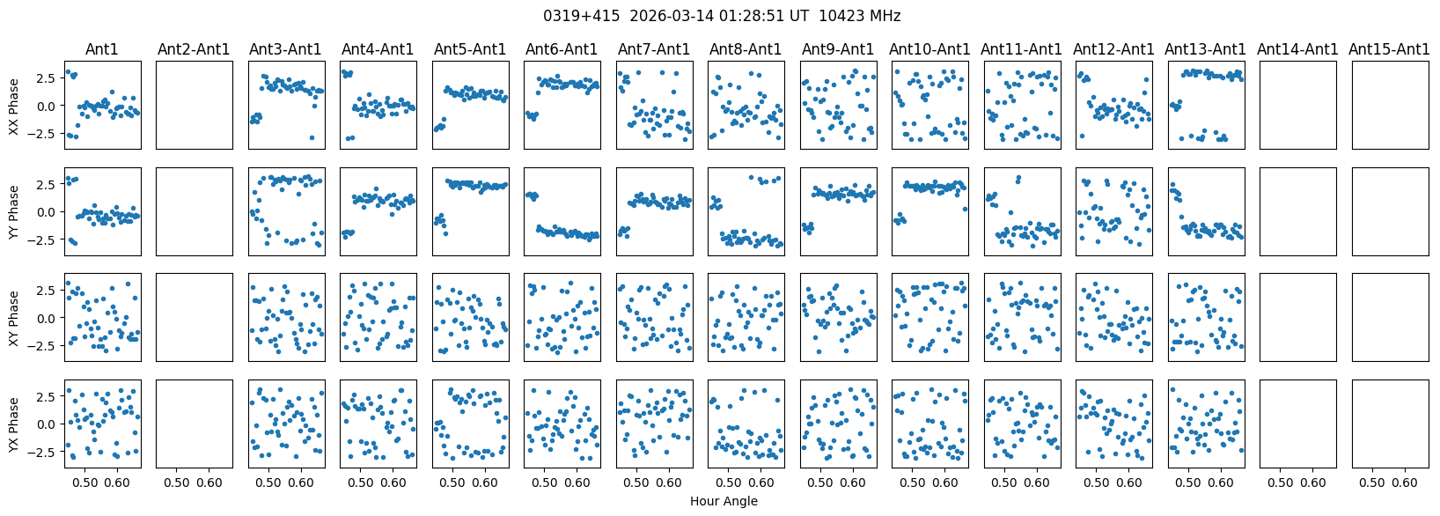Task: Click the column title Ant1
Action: pyautogui.click(x=102, y=49)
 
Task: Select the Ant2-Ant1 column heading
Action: pyautogui.click(x=194, y=49)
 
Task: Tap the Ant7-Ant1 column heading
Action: pyautogui.click(x=654, y=49)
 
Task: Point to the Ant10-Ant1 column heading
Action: pyautogui.click(x=929, y=49)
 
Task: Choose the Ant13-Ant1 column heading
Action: pyautogui.click(x=1205, y=49)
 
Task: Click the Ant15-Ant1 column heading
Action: pyautogui.click(x=1389, y=49)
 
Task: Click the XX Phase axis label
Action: pyautogui.click(x=14, y=106)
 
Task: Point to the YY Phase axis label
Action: pyautogui.click(x=14, y=212)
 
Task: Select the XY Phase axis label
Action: pyautogui.click(x=14, y=318)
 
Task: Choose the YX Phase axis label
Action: pyautogui.click(x=14, y=424)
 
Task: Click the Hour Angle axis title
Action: pyautogui.click(x=724, y=501)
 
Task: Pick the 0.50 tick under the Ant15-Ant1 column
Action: pyautogui.click(x=1372, y=483)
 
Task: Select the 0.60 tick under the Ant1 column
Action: pyautogui.click(x=117, y=483)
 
